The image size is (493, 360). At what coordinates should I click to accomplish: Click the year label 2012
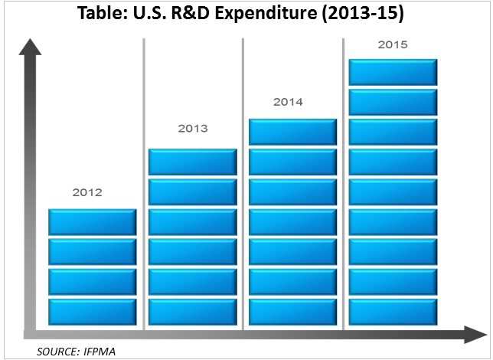[x=87, y=193]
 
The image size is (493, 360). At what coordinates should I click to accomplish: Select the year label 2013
[x=191, y=129]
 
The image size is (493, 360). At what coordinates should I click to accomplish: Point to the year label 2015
[x=393, y=44]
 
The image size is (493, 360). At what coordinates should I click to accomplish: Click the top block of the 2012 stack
[x=92, y=221]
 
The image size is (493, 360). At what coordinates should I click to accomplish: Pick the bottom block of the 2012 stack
[x=92, y=312]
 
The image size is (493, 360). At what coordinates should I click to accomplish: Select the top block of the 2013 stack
[x=191, y=162]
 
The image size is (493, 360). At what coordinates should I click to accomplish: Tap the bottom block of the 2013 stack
[x=191, y=312]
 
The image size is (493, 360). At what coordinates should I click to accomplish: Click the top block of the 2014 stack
[x=293, y=132]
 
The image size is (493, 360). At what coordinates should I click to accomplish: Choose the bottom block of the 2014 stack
[x=293, y=312]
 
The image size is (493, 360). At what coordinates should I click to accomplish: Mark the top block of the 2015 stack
[x=393, y=71]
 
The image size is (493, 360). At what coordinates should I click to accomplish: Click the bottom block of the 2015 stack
[x=393, y=312]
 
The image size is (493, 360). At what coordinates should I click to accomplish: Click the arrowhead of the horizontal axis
[x=472, y=334]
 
